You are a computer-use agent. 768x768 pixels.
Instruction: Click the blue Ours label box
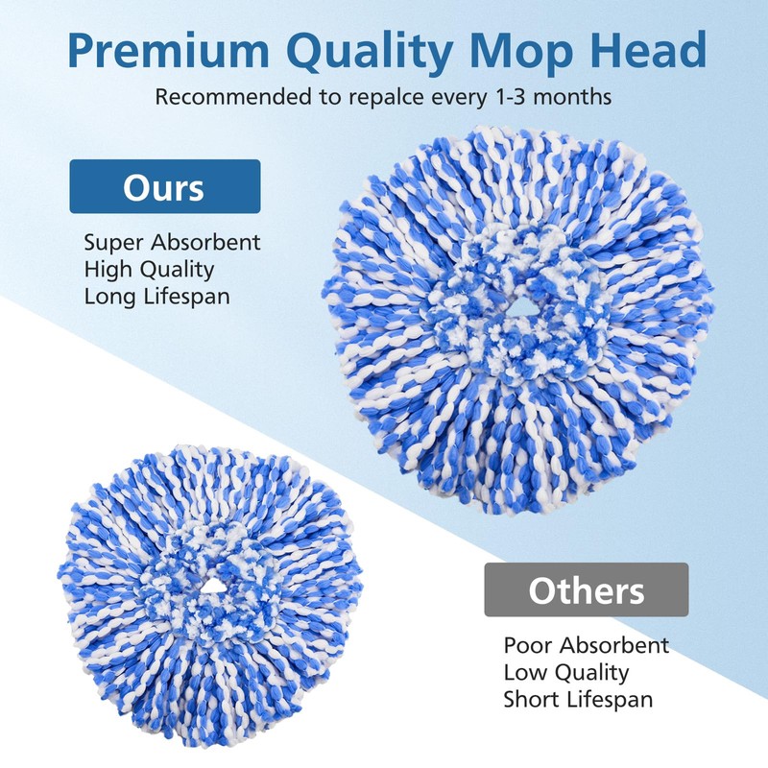point(164,186)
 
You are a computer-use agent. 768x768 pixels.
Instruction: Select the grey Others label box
point(587,589)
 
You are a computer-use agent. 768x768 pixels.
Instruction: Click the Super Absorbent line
point(172,242)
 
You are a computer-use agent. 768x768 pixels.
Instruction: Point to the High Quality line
point(149,269)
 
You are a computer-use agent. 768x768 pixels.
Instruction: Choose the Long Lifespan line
point(157,296)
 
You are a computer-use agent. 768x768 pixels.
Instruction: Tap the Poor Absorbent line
point(587,645)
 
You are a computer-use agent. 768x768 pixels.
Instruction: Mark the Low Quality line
point(566,672)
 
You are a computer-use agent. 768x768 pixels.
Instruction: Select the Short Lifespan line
point(578,699)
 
